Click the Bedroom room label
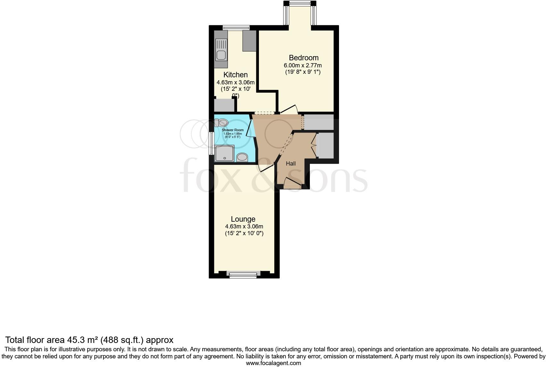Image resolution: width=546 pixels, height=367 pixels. pyautogui.click(x=303, y=58)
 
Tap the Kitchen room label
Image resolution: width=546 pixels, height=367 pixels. pyautogui.click(x=236, y=75)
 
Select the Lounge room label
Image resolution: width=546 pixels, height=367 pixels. pyautogui.click(x=243, y=219)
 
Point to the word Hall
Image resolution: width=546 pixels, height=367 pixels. pyautogui.click(x=291, y=164)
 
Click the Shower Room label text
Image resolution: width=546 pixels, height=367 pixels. pyautogui.click(x=233, y=130)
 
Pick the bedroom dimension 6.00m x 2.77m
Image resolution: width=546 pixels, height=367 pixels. pyautogui.click(x=303, y=65)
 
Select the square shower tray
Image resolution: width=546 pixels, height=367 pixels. pyautogui.click(x=225, y=153)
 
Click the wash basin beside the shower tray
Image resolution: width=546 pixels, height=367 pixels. pyautogui.click(x=242, y=157)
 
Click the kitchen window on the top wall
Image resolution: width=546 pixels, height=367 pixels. pyautogui.click(x=236, y=28)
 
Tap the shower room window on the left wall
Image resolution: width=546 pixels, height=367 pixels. pyautogui.click(x=211, y=143)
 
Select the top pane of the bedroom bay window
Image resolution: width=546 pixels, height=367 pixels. pyautogui.click(x=300, y=4)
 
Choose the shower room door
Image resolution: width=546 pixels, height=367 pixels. pyautogui.click(x=250, y=128)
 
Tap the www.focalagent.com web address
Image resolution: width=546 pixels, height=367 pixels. pyautogui.click(x=273, y=363)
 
